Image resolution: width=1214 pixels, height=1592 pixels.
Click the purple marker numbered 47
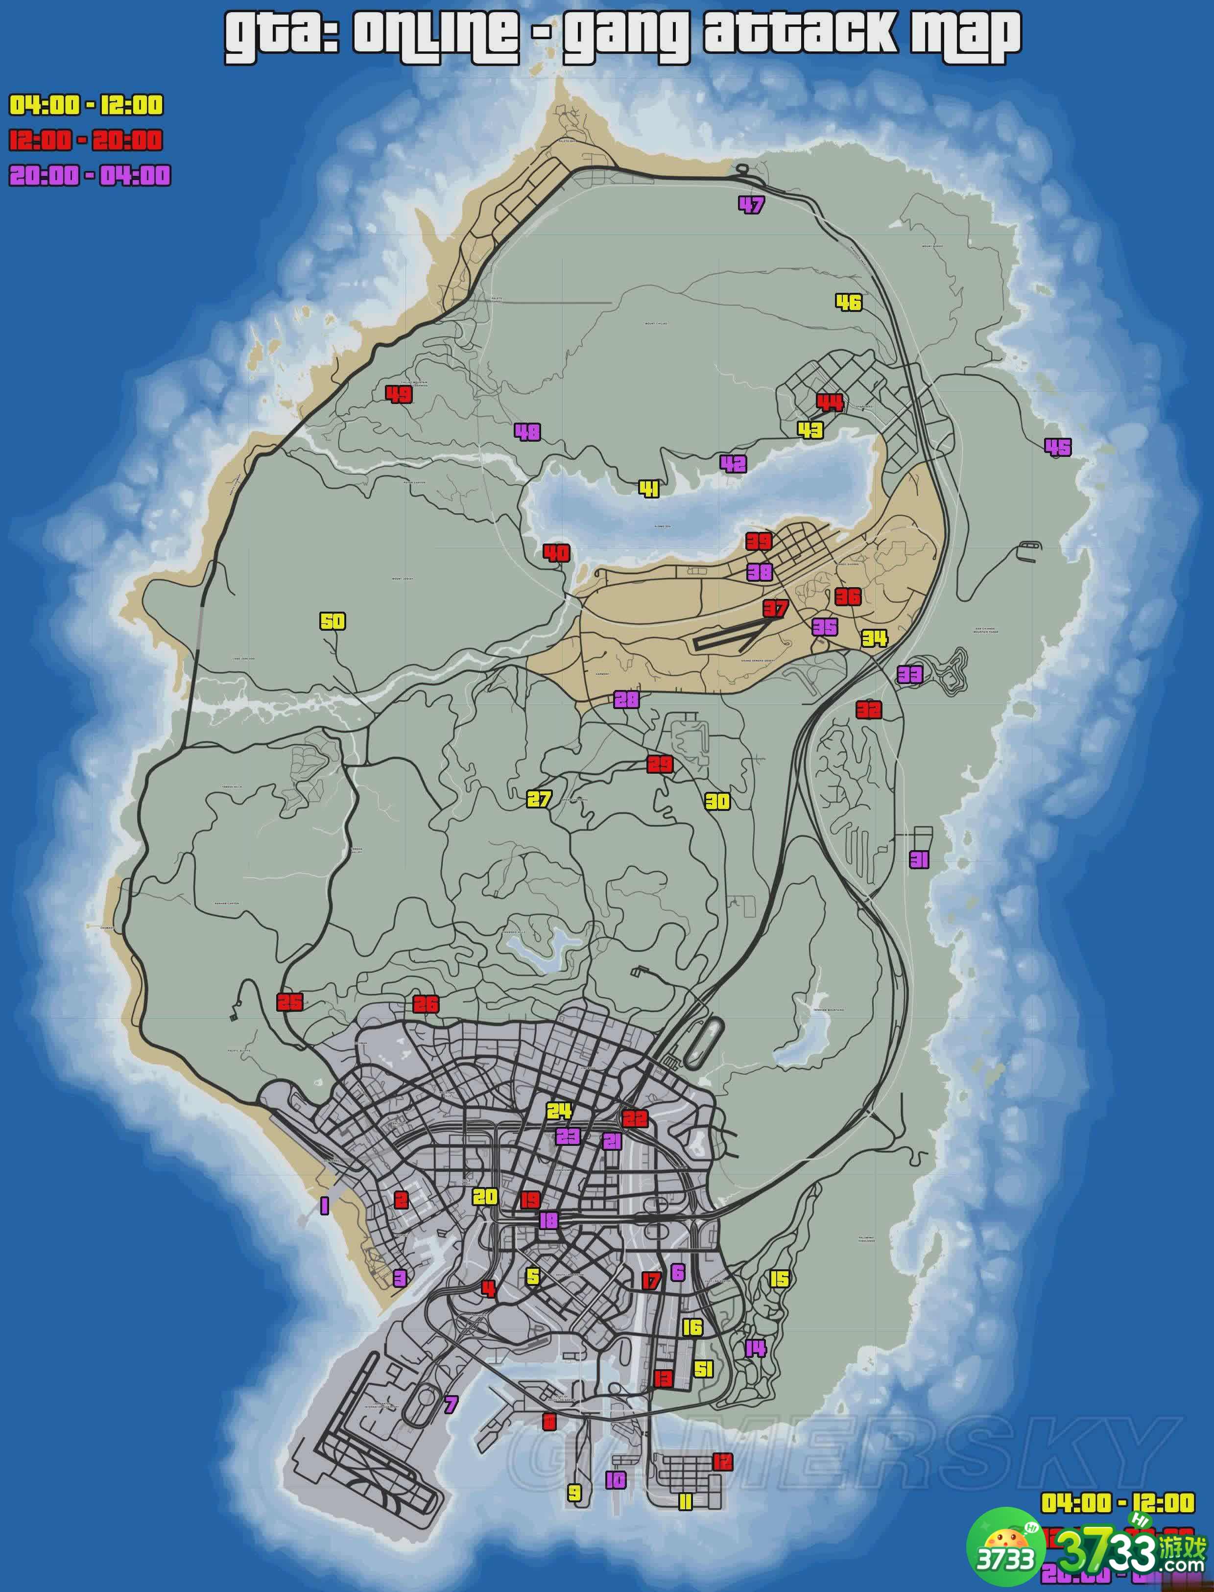[751, 205]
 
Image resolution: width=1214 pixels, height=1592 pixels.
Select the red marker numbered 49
[398, 394]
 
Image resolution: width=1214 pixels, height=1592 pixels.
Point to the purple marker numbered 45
[1058, 447]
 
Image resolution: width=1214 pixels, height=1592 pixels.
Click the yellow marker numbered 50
[333, 621]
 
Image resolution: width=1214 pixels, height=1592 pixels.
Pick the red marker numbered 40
[556, 553]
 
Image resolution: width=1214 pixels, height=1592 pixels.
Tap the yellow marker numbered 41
[649, 489]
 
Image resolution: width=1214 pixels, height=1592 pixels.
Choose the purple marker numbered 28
[626, 699]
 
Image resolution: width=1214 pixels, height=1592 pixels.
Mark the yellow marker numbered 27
[538, 799]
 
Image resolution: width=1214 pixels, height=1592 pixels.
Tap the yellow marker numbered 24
[559, 1111]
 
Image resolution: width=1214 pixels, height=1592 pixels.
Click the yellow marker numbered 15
[779, 1279]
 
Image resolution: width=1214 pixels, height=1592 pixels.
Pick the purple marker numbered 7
[451, 1404]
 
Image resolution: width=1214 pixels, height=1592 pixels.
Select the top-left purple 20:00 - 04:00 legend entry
[90, 176]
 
